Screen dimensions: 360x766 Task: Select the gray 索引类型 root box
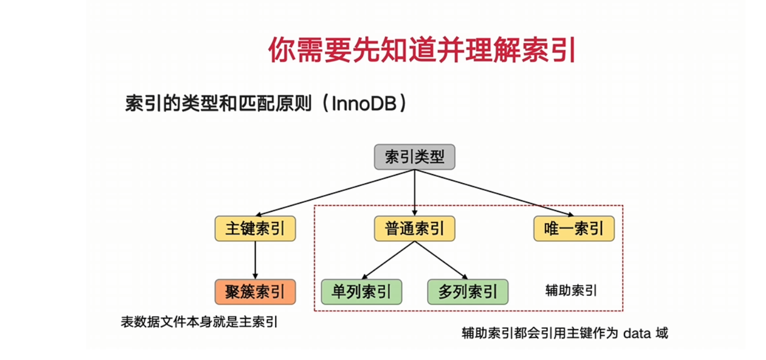(414, 157)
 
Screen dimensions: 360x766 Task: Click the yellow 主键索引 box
(255, 229)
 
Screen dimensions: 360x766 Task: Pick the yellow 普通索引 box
(414, 229)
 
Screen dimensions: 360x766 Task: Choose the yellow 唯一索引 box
(574, 229)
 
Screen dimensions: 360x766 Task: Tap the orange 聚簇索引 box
(255, 292)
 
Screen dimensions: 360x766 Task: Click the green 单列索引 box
(361, 292)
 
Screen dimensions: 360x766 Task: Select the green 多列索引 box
(467, 292)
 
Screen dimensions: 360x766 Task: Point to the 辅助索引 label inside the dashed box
(571, 291)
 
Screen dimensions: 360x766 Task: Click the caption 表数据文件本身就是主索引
(200, 322)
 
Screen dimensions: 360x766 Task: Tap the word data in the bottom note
(636, 333)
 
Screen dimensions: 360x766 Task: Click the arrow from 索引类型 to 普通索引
(414, 192)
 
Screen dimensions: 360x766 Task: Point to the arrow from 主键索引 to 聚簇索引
(255, 260)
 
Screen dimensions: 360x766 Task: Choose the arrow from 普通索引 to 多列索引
(441, 260)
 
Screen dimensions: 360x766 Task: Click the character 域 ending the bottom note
(661, 333)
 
